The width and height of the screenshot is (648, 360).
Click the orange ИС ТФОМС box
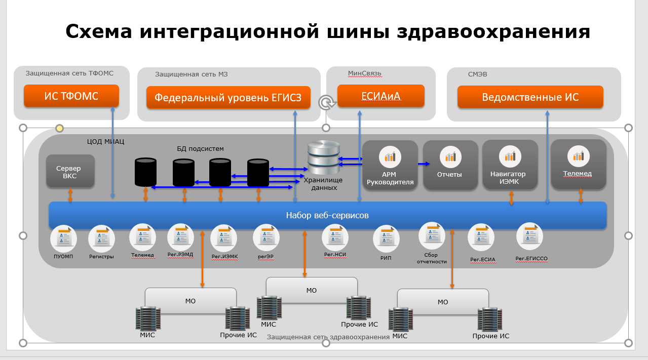[71, 96]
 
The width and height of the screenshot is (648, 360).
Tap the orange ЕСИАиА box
[380, 96]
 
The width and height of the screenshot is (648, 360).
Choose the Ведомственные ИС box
[530, 97]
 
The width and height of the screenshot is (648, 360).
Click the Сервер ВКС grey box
[70, 171]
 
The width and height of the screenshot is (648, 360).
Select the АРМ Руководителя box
[390, 165]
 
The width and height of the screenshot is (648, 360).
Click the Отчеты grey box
[450, 165]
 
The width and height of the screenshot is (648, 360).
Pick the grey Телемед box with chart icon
[578, 165]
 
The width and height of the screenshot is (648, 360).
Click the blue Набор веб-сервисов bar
[327, 215]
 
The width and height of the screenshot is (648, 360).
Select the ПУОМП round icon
[64, 238]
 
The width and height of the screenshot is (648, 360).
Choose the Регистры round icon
[101, 238]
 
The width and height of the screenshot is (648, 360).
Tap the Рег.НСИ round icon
[335, 237]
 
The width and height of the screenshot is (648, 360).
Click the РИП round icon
[386, 238]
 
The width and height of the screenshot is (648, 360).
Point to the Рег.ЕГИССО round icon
[529, 236]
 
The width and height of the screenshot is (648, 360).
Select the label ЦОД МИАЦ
[105, 141]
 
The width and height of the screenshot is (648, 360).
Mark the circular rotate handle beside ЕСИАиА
[326, 103]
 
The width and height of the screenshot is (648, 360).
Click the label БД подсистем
[200, 148]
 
